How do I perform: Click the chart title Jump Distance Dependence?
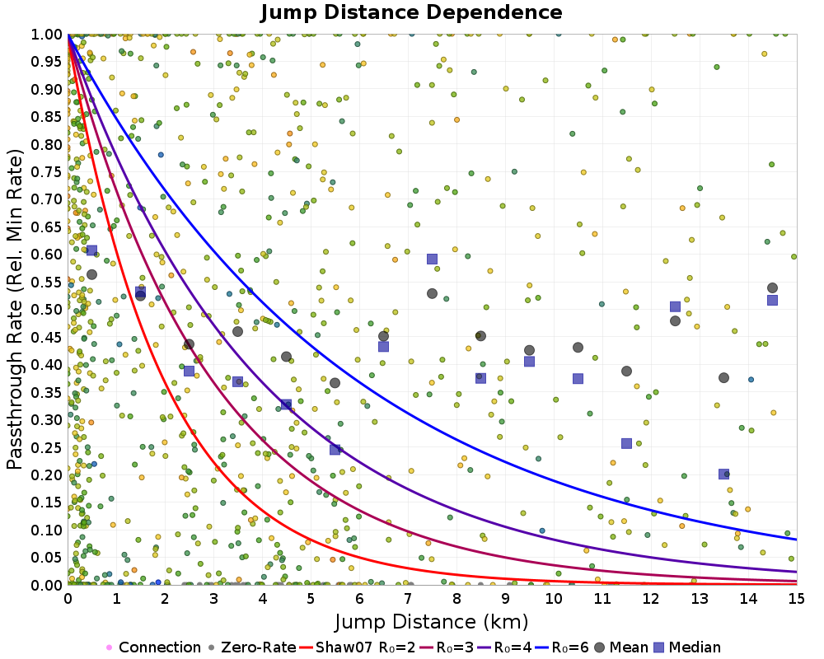coord(411,12)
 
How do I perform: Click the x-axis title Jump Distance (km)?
coord(432,622)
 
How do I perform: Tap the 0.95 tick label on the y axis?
coord(47,62)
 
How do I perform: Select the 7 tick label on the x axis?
coord(408,599)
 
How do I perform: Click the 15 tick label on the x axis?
coord(797,599)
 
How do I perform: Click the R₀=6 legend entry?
coord(569,647)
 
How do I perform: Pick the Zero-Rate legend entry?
coord(251,647)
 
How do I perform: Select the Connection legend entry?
coord(153,647)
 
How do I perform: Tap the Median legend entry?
coord(687,647)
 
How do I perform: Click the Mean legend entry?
coord(621,647)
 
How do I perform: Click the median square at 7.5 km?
coord(432,259)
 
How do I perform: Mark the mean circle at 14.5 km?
coord(773,288)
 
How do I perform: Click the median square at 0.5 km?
coord(91,250)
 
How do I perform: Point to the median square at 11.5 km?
coord(626,443)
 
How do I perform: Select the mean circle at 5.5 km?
coord(335,383)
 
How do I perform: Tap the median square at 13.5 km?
coord(723,474)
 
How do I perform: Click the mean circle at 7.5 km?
coord(432,294)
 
